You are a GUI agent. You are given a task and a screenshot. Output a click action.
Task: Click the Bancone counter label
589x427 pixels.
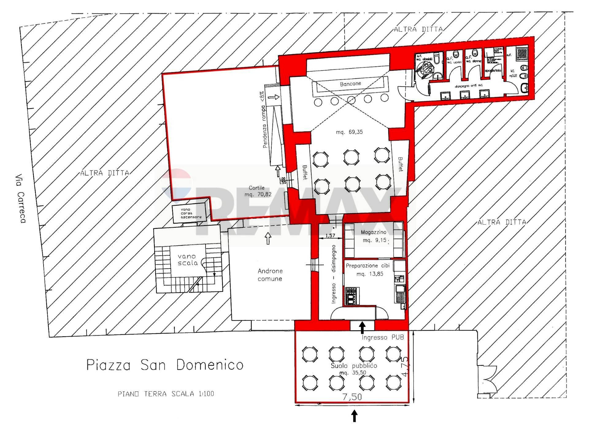(x=350, y=84)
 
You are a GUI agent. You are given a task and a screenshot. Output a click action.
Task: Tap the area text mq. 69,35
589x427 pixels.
(x=349, y=132)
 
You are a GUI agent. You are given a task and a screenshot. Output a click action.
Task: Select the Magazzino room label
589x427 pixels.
(x=373, y=232)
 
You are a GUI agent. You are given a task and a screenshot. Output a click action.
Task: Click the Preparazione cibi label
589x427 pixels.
(x=368, y=266)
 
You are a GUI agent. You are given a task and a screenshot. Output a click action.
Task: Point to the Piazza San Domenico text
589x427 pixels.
(x=165, y=365)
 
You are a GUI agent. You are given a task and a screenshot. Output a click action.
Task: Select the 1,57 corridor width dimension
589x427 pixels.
(x=330, y=236)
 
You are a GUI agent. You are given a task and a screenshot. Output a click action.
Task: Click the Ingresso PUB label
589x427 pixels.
(x=382, y=337)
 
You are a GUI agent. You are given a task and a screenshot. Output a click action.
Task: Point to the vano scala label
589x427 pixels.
(x=187, y=259)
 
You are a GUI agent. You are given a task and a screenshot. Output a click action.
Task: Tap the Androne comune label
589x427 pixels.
(x=270, y=275)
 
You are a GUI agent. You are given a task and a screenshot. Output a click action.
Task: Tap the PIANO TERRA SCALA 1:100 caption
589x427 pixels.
(x=166, y=394)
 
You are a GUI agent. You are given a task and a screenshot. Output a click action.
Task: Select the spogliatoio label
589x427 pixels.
(x=493, y=71)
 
